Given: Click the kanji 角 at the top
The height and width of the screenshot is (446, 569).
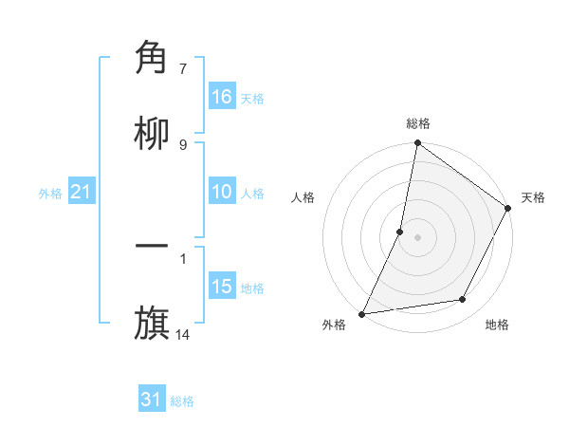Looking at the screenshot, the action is (x=153, y=58).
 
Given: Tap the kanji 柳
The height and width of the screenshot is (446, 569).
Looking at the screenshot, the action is (x=153, y=134).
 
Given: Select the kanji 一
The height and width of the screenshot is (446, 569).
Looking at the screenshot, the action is (x=153, y=248).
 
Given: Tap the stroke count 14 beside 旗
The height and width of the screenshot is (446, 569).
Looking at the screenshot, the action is (x=183, y=334).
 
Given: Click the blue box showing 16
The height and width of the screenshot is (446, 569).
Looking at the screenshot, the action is (x=222, y=97).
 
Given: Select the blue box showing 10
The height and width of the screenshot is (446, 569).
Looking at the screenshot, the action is (x=222, y=192).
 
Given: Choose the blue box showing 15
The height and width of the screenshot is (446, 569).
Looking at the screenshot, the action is (x=222, y=287).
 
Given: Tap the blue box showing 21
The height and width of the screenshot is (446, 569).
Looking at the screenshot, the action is (x=82, y=192).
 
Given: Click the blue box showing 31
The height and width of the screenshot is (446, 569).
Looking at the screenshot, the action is (x=152, y=400).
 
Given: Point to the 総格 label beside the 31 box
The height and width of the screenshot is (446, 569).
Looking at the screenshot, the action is (x=182, y=401).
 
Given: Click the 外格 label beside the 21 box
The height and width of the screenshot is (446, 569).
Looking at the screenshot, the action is (x=50, y=194).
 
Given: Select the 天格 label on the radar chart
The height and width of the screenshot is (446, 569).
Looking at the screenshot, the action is (x=533, y=197).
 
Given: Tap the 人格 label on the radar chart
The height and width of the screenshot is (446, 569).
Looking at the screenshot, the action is (x=303, y=197).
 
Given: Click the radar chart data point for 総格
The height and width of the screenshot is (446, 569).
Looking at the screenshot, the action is (x=417, y=143).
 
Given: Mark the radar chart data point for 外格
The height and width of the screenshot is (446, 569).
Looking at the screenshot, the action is (x=362, y=313).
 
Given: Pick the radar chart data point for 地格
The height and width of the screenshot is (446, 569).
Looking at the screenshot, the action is (x=463, y=300).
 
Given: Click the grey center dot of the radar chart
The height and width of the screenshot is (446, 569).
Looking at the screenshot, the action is (x=417, y=237).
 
